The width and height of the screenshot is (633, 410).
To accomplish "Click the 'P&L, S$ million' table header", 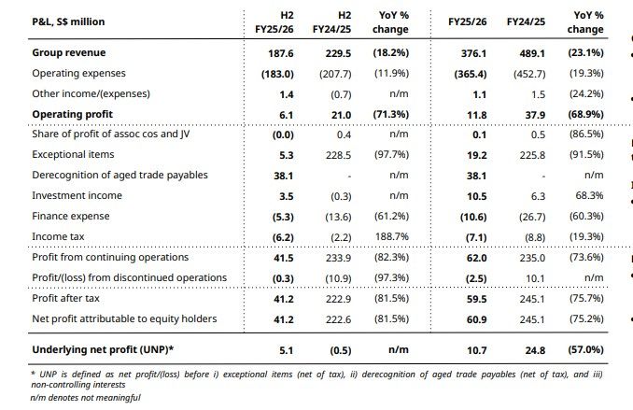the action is [x=68, y=21].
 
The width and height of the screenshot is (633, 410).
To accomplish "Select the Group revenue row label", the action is [x=69, y=53].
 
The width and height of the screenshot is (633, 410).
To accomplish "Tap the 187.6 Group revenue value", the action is [x=281, y=54].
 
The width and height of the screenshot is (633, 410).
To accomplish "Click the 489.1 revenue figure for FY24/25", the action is [x=532, y=54].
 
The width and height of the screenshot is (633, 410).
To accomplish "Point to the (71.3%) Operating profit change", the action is [x=391, y=115].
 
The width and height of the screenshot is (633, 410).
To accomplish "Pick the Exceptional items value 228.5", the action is [x=338, y=156].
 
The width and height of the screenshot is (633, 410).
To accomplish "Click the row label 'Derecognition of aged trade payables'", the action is [x=120, y=176].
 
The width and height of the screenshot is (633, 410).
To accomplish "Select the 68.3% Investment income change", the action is [x=589, y=196].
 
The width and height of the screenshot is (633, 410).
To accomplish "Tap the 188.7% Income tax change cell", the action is [x=392, y=236].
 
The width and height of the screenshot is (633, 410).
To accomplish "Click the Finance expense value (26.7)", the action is [x=532, y=218].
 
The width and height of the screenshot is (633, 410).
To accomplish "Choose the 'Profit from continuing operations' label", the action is [x=110, y=258].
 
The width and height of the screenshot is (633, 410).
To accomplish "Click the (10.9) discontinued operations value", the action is [x=338, y=278].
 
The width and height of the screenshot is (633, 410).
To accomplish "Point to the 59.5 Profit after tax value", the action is [x=476, y=299].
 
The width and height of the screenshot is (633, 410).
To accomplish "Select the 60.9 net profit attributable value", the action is [x=476, y=320].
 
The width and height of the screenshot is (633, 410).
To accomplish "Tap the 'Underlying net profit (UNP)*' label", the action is [x=103, y=350].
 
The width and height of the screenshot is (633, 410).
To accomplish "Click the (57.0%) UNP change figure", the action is [x=585, y=350].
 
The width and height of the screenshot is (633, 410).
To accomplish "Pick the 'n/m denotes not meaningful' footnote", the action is [x=86, y=398].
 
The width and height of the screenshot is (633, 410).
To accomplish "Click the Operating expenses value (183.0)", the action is [x=277, y=75].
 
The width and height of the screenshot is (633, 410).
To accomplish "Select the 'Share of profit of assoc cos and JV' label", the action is [x=110, y=134].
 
